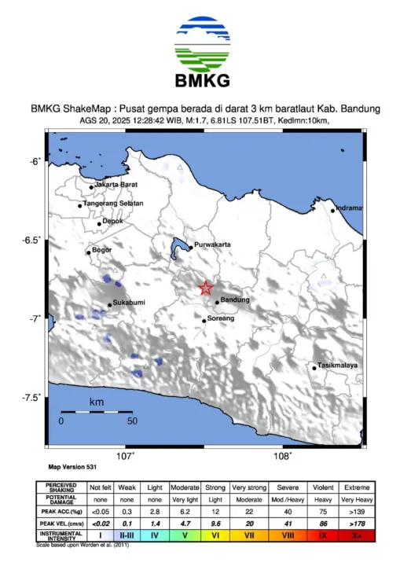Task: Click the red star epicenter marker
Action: (205, 289)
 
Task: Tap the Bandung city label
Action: (235, 300)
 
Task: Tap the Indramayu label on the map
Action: (347, 208)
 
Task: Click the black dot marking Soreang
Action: (204, 320)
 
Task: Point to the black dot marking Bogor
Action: (89, 252)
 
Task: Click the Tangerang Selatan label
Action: (114, 204)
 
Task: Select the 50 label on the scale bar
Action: (132, 421)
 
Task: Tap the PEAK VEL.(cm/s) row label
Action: (61, 523)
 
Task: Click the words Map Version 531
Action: (68, 466)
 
